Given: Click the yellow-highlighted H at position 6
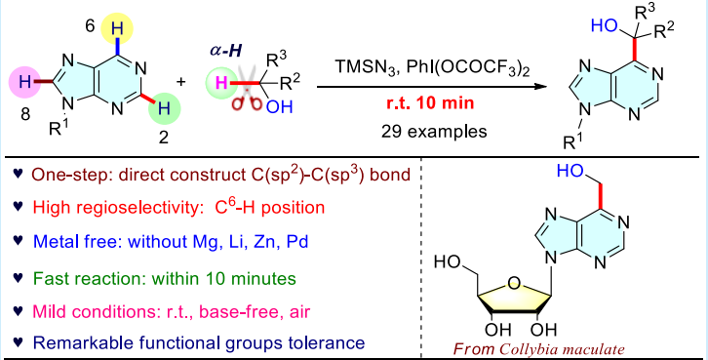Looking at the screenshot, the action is [x=117, y=29].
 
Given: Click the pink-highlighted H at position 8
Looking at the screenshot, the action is [x=25, y=82].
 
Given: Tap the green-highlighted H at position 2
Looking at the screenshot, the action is [x=165, y=108].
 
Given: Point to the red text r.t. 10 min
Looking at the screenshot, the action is [x=430, y=103].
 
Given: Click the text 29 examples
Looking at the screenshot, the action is [x=434, y=131].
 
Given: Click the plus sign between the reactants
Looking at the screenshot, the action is [x=181, y=82].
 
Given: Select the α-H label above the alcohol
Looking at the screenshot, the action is [x=226, y=50].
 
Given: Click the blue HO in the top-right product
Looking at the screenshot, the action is [x=605, y=25].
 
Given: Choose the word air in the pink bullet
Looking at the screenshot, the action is [x=298, y=311].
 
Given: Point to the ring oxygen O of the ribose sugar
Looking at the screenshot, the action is [x=513, y=284].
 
